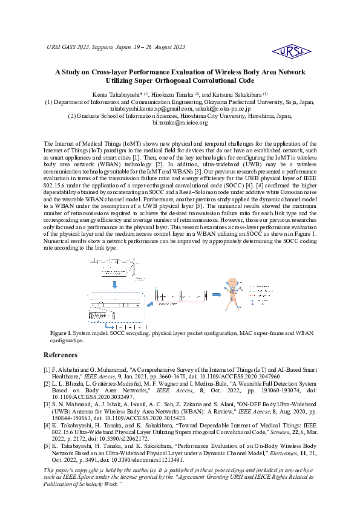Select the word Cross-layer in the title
tap(109, 72)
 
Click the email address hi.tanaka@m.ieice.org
tap(180, 123)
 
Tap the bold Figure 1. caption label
tap(61, 333)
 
